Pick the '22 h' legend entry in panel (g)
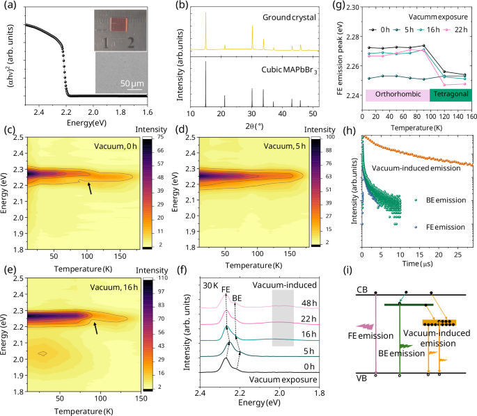click(x=455, y=30)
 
